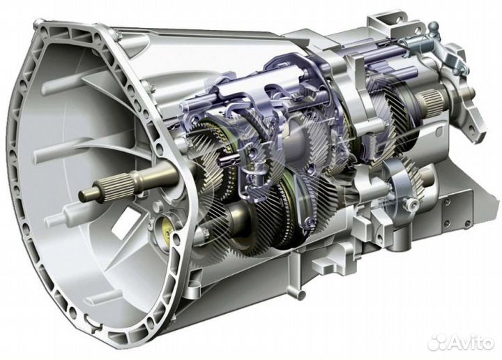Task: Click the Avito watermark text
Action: tap(471, 343)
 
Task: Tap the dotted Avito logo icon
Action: tap(436, 342)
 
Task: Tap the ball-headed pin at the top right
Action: tap(434, 27)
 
